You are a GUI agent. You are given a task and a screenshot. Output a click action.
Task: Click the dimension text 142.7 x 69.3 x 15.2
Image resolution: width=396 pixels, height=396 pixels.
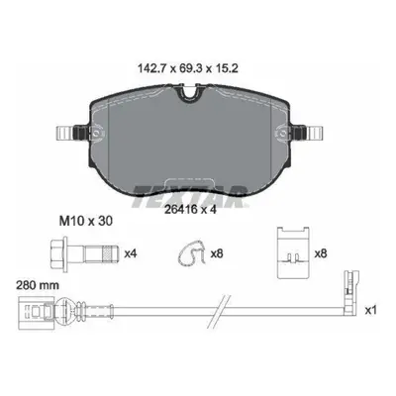[187, 69]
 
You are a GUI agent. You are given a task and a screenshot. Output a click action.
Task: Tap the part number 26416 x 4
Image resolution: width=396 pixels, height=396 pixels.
[190, 209]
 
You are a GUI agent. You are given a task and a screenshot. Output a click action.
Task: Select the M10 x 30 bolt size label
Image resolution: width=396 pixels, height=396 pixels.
[86, 221]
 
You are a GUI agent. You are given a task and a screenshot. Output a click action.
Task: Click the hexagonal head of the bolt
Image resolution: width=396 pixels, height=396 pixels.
[58, 254]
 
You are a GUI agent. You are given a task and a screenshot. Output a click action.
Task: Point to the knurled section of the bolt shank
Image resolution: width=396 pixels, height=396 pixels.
[107, 254]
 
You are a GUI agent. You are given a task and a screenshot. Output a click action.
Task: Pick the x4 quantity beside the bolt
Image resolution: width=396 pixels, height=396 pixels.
[131, 253]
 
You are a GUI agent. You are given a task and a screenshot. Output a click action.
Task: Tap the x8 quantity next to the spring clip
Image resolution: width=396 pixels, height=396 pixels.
[217, 253]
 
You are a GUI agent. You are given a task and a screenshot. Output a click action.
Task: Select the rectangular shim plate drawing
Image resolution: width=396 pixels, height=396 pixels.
[293, 252]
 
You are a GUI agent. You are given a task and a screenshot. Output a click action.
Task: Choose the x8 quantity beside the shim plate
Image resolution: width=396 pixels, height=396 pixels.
[321, 253]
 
